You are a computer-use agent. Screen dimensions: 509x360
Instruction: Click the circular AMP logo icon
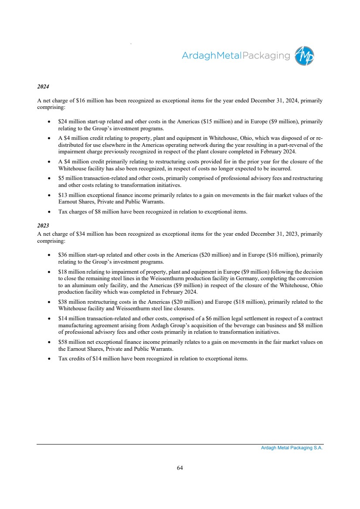[x=304, y=56]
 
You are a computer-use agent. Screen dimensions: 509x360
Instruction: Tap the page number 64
[x=180, y=468]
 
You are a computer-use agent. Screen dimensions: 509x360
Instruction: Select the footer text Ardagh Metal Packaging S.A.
[x=289, y=448]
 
